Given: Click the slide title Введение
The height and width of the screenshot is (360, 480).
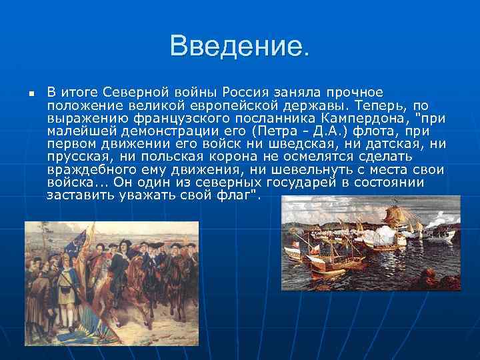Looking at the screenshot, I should [240, 47].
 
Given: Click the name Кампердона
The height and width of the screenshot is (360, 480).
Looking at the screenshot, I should [373, 119].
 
